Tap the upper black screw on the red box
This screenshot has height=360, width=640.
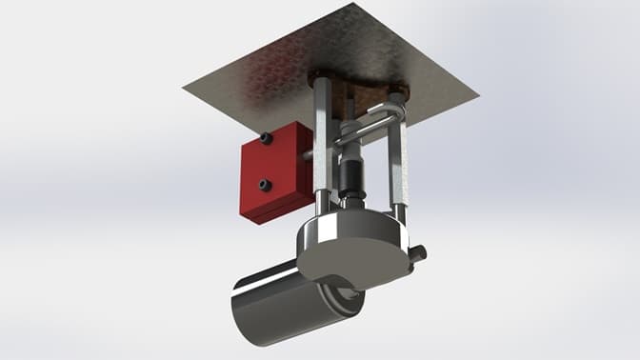[x=266, y=139]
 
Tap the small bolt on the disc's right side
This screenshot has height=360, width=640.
[x=418, y=253]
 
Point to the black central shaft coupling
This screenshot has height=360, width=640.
[x=350, y=176]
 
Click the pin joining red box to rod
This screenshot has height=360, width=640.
[x=307, y=153]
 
